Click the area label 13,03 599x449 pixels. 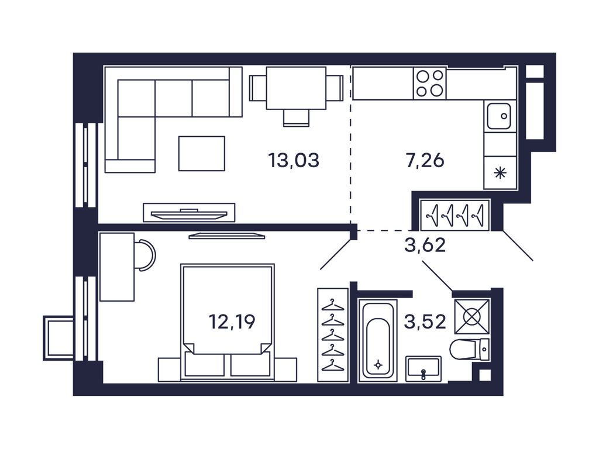pos(294,160)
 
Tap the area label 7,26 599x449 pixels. pos(425,160)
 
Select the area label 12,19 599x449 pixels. pos(232,322)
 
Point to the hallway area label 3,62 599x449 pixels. pos(425,245)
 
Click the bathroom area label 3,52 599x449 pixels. pos(425,322)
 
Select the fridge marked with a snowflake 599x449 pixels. pos(500,172)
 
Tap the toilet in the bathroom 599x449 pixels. pos(470,349)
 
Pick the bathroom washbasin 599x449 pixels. pos(424,368)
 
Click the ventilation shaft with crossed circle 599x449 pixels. pos(472,316)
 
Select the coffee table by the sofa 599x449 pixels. pos(202,153)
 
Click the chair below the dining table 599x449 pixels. pos(296,118)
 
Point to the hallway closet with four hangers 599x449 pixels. pos(455,215)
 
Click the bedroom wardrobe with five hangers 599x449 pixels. pos(333,335)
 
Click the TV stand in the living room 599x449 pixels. pos(189,212)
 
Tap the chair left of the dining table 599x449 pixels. pos(258,88)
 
